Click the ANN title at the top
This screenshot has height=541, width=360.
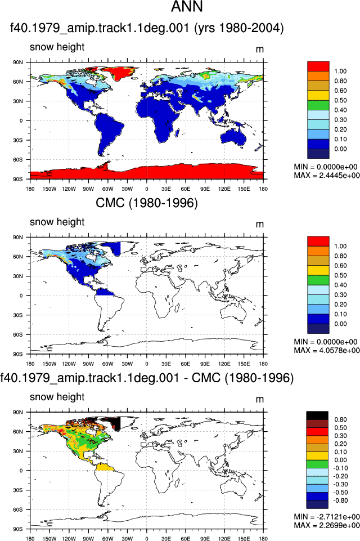click(x=187, y=6)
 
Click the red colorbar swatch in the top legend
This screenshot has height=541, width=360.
click(x=318, y=66)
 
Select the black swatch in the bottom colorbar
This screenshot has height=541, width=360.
click(x=317, y=415)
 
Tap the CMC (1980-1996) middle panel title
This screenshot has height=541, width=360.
click(x=147, y=203)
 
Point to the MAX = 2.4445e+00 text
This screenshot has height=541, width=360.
click(x=327, y=175)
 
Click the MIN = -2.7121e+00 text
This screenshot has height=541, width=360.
click(x=327, y=517)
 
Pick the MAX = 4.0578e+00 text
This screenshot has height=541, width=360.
click(x=327, y=350)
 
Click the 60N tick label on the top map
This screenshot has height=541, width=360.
click(x=18, y=82)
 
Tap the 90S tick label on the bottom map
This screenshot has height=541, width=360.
click(x=18, y=529)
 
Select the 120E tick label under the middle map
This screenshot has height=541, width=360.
click(x=224, y=364)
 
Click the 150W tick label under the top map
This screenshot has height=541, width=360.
click(x=49, y=189)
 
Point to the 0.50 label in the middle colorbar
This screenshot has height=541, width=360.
click(x=340, y=275)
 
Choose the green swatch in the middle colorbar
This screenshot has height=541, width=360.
click(x=318, y=280)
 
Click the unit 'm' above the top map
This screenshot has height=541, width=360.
click(x=260, y=50)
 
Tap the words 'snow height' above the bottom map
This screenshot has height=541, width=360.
click(x=57, y=397)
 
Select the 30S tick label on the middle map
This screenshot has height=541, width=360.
click(x=18, y=315)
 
